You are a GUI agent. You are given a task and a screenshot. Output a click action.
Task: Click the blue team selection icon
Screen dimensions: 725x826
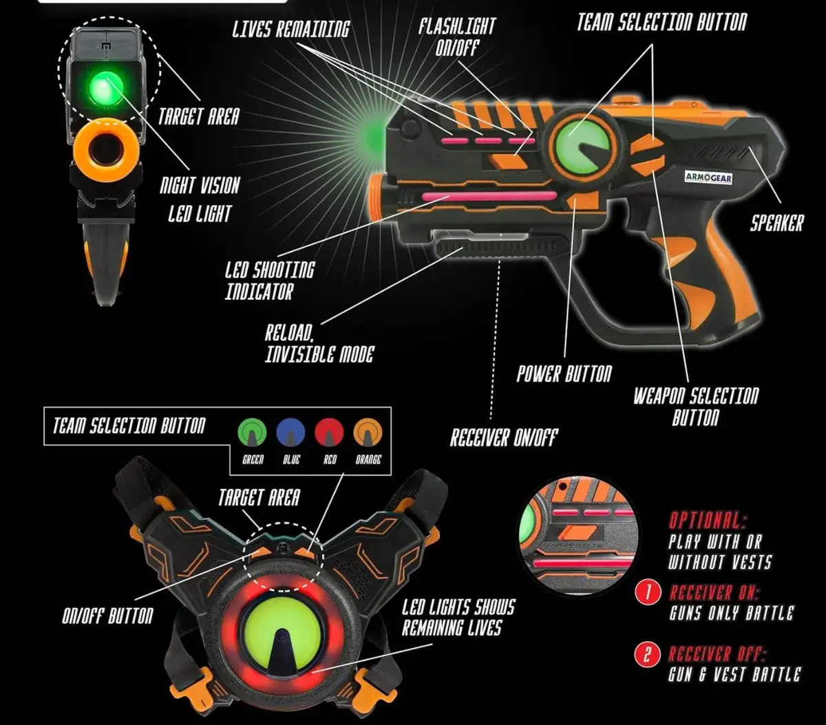290,433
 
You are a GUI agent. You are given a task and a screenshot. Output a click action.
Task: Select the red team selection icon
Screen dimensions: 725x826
329,433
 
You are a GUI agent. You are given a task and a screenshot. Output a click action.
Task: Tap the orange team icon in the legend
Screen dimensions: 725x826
368,433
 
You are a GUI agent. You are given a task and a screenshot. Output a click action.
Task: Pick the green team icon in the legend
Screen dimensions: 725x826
252,433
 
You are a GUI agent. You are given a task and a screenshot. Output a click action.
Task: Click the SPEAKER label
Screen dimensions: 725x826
776,223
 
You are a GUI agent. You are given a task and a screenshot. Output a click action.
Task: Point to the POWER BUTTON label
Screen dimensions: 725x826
564,374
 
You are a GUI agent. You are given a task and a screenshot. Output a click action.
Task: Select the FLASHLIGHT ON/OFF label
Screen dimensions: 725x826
458,36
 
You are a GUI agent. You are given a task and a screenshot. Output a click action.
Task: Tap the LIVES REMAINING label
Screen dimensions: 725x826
290,29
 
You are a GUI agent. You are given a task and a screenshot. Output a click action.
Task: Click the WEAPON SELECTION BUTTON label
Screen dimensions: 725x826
695,406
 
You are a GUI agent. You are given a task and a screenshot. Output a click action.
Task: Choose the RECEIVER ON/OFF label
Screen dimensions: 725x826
503,437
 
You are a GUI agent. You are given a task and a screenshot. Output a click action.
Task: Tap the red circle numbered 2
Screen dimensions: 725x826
647,654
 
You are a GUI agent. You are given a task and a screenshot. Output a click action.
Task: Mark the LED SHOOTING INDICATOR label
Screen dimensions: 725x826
269,280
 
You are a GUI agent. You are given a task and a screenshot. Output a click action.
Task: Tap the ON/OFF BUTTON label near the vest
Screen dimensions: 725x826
107,616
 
